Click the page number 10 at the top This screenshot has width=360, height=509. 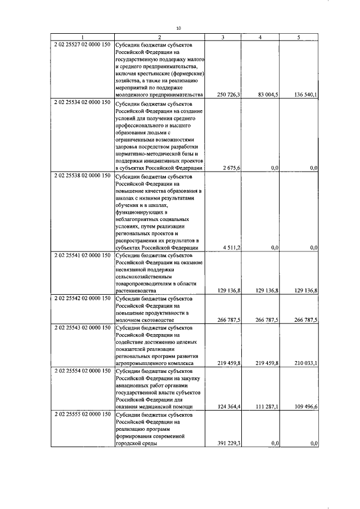(178, 28)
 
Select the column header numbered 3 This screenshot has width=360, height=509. (223, 37)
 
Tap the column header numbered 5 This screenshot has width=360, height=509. (299, 37)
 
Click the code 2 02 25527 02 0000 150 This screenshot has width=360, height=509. (82, 44)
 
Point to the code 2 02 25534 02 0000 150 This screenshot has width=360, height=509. (82, 103)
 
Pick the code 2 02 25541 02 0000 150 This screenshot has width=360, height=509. (82, 255)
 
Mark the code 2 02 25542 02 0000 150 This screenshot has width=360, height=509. (82, 298)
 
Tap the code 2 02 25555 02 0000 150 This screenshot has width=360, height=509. (82, 414)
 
